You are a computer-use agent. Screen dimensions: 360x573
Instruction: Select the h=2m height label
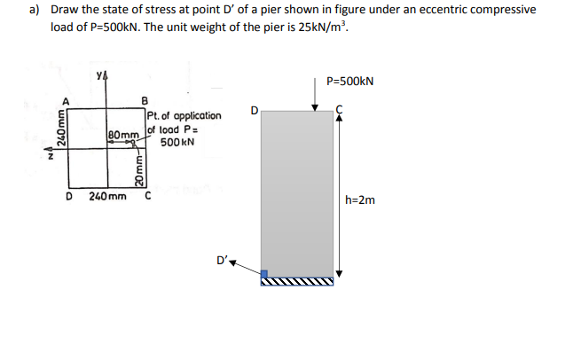coord(364,200)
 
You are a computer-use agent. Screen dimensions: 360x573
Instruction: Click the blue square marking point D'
coord(265,275)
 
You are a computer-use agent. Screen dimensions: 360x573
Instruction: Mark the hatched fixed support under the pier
coord(297,283)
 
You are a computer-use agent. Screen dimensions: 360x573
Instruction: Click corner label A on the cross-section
coord(62,101)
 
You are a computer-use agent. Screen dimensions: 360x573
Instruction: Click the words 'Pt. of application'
coord(184,116)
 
